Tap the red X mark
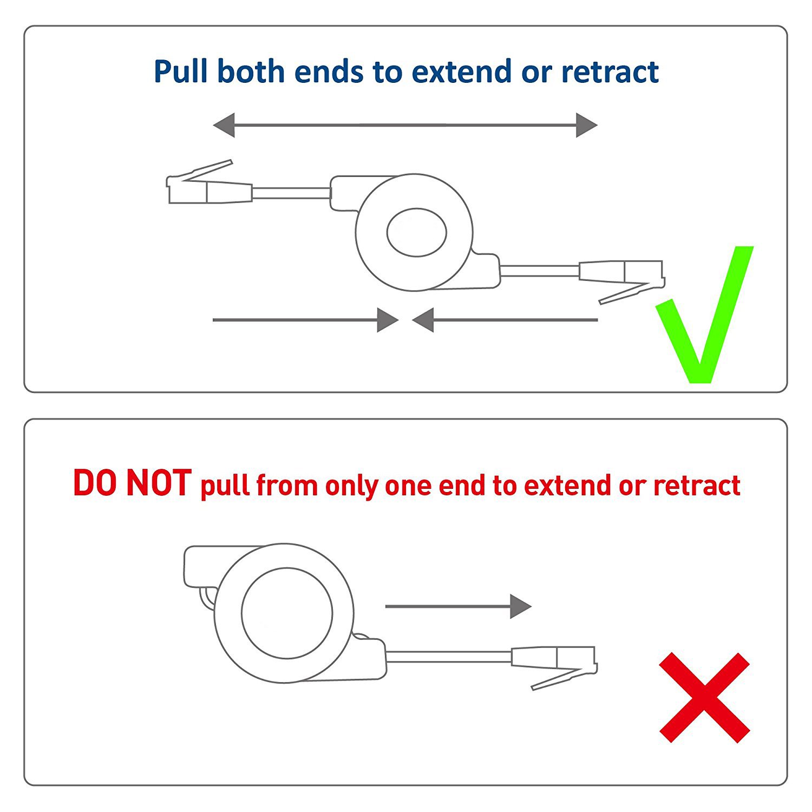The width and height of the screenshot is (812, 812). (x=704, y=697)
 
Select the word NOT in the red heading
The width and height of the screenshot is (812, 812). (x=158, y=483)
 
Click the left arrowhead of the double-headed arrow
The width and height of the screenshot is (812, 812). (x=224, y=125)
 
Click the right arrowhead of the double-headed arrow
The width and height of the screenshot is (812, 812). (x=586, y=125)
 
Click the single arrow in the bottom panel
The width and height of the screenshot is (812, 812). (x=458, y=606)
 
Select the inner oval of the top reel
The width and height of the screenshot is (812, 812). (x=416, y=232)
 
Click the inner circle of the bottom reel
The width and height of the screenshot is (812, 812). (x=287, y=613)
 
